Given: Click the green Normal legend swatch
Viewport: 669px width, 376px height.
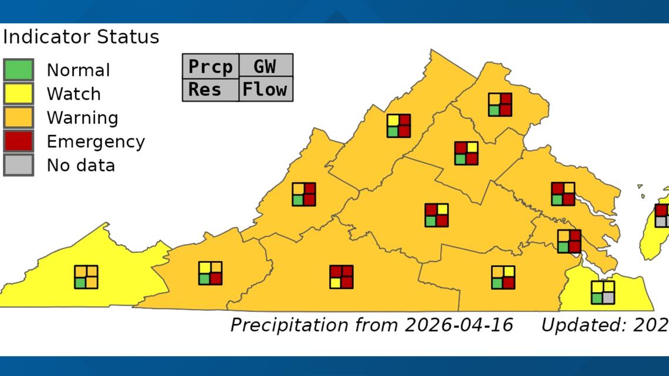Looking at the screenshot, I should tap(18, 70).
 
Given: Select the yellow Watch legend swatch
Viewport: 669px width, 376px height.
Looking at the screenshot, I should tap(18, 93).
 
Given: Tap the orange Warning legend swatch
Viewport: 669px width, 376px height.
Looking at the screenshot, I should tap(18, 117).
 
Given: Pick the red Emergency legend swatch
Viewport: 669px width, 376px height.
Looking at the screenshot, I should tap(18, 141).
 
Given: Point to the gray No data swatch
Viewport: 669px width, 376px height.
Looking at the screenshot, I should tap(18, 165).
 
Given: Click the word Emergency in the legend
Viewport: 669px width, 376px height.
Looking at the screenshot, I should tap(96, 141).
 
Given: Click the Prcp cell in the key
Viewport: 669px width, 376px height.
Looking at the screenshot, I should tap(210, 66).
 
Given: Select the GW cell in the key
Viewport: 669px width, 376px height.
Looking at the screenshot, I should tap(265, 66).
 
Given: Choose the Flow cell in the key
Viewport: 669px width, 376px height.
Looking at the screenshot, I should tap(265, 90).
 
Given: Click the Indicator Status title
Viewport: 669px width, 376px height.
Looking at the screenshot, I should tap(81, 37).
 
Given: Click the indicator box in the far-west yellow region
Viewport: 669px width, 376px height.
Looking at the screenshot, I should tap(86, 277).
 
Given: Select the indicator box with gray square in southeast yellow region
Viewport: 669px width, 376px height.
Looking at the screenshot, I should tap(603, 292).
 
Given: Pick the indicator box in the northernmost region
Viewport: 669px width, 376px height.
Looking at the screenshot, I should tap(500, 104).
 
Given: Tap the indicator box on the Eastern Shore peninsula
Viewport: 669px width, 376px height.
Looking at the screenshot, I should tap(663, 215).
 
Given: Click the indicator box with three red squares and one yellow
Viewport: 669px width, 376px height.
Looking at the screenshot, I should tap(342, 277).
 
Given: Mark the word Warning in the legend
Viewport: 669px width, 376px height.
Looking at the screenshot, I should tap(82, 117).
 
